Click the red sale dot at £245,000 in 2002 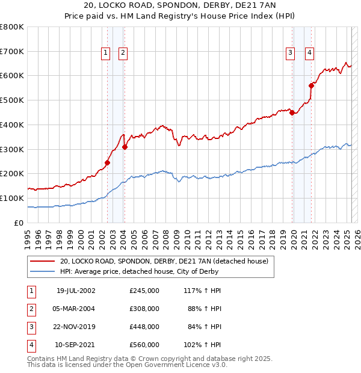point(108,162)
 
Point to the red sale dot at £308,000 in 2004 point(125,147)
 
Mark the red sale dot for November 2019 point(292,113)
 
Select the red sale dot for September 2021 point(312,85)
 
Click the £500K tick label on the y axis point(12,100)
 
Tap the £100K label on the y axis point(12,198)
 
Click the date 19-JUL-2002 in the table point(76,291)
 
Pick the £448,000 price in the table point(144,327)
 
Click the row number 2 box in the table point(31,309)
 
